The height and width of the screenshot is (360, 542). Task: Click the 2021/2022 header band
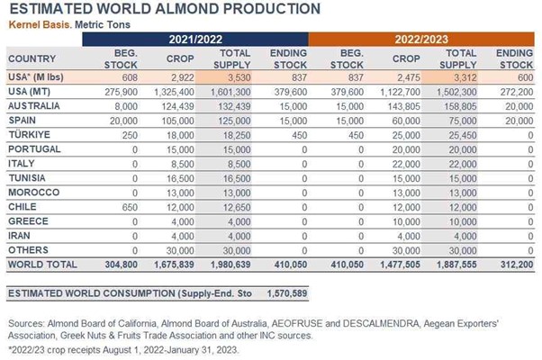coord(194,40)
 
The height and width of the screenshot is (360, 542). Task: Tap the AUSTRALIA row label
coord(34,105)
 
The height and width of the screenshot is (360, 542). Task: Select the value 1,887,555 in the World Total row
coord(459,265)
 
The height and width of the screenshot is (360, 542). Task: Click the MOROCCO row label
coord(33,192)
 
